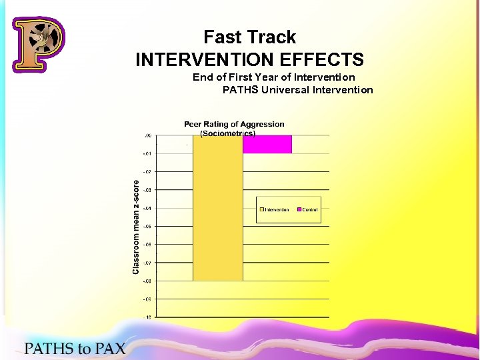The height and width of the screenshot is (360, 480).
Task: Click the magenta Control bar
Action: (x=267, y=144)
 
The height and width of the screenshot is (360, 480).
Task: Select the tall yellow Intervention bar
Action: (x=217, y=207)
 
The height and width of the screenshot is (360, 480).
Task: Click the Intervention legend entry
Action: (x=274, y=210)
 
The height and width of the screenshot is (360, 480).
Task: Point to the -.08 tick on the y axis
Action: (x=146, y=281)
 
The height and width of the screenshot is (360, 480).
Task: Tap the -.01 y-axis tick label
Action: (x=146, y=154)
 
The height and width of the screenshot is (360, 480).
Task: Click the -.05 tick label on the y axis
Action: (x=146, y=227)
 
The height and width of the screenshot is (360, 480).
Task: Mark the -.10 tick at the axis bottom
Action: (x=146, y=317)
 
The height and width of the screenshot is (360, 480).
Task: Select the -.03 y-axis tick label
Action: (x=146, y=190)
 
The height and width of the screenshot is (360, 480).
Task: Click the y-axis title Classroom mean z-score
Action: (x=136, y=227)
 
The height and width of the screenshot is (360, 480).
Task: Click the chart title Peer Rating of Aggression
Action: (x=234, y=124)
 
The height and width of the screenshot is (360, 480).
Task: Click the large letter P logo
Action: (x=39, y=44)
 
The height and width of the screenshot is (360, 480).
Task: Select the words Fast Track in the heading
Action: (x=249, y=37)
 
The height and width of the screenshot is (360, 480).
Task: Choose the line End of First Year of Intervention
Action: (x=273, y=77)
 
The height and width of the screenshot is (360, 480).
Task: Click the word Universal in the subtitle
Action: (x=281, y=90)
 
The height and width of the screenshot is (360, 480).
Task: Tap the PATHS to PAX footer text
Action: (x=75, y=348)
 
